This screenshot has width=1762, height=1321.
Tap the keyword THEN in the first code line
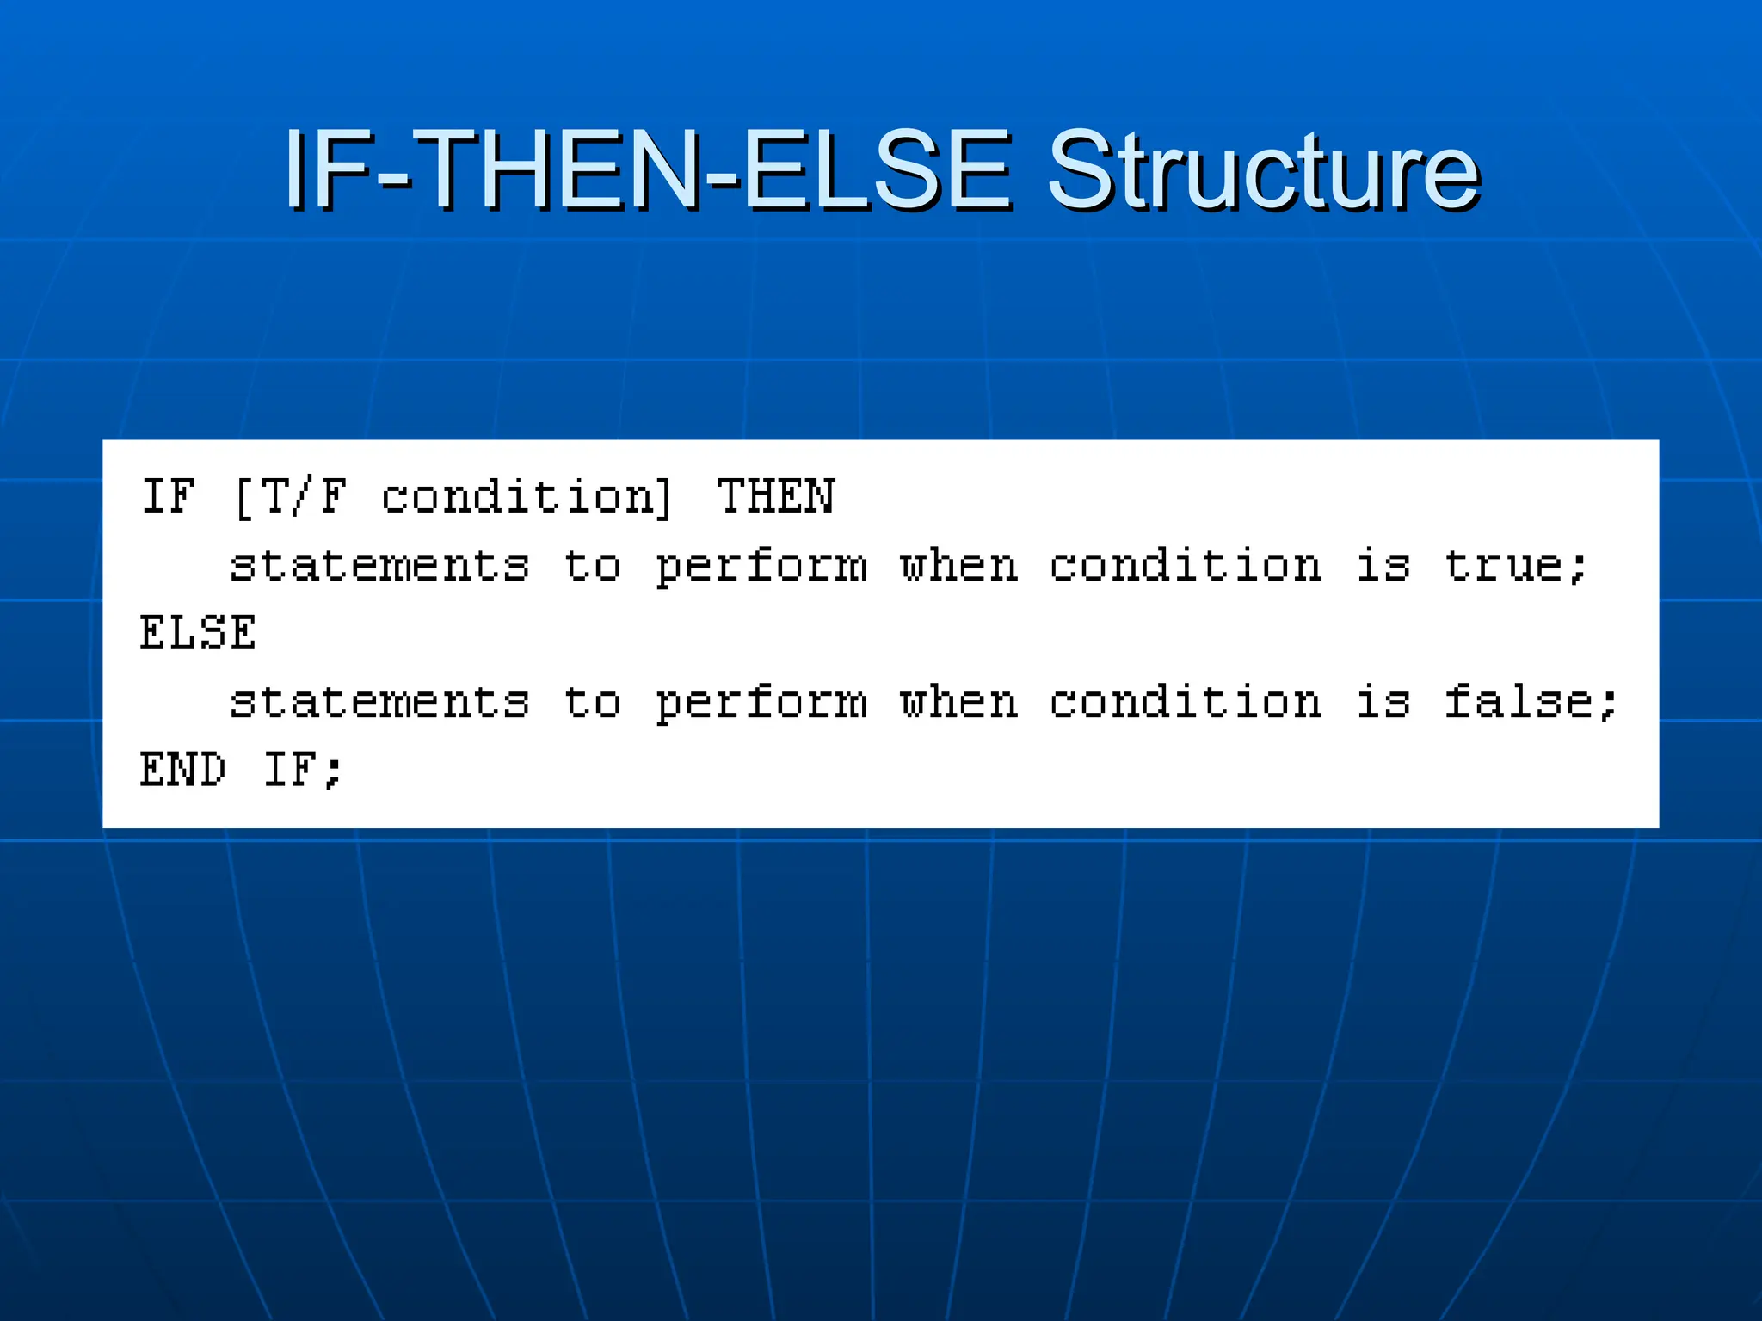(775, 497)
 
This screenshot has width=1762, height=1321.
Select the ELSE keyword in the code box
(198, 633)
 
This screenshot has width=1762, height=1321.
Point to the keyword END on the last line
(183, 769)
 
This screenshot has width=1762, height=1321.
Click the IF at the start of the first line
(169, 497)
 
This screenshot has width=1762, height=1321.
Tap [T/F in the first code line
(291, 497)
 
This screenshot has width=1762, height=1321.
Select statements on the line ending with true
(379, 566)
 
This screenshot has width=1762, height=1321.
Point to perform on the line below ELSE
(761, 703)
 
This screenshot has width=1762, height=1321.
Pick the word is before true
(1383, 566)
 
